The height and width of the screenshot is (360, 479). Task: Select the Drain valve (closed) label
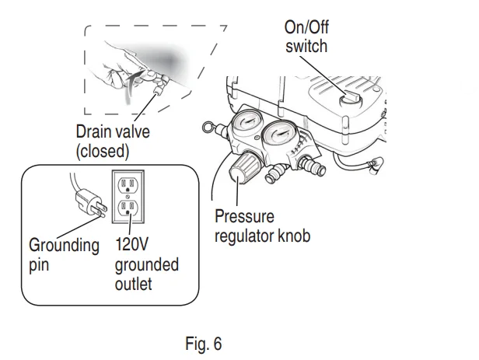tap(113, 141)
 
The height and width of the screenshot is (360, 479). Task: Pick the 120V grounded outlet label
tap(146, 265)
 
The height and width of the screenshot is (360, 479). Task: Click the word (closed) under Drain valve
tap(102, 150)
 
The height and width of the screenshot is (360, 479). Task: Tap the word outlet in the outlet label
tap(133, 285)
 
